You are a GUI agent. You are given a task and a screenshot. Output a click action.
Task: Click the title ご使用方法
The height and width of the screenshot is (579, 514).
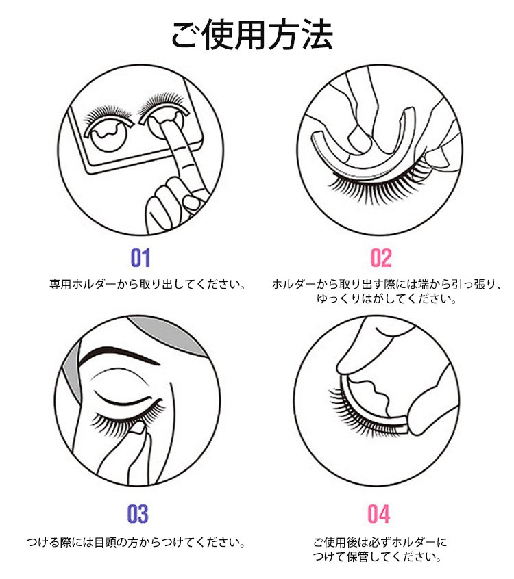click(252, 34)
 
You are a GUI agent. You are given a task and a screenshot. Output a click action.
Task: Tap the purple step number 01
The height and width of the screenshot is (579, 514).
click(140, 258)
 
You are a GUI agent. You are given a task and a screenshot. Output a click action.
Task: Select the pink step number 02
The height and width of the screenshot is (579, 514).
click(381, 258)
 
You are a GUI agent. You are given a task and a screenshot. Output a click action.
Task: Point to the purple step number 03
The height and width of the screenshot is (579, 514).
click(138, 514)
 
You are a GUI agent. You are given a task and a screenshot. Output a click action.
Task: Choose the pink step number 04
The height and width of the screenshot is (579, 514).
click(379, 514)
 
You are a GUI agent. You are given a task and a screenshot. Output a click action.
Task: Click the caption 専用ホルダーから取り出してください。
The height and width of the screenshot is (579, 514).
click(147, 284)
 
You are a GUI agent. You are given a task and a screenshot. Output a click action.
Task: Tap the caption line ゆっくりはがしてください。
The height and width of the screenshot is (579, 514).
click(387, 298)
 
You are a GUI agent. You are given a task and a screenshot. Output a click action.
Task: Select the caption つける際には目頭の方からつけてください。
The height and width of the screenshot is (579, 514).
click(136, 543)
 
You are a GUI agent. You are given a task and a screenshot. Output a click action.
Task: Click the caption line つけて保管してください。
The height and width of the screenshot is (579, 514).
click(377, 556)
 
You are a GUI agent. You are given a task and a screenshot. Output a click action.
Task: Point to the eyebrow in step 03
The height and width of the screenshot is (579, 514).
click(119, 355)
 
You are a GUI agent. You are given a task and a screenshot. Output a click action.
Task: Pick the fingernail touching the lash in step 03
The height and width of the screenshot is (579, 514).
click(138, 428)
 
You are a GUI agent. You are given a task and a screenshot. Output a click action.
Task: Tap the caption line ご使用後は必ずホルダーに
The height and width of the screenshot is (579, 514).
click(380, 543)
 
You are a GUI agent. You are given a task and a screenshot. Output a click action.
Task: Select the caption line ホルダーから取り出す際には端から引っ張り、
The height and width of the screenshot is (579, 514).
click(387, 284)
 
